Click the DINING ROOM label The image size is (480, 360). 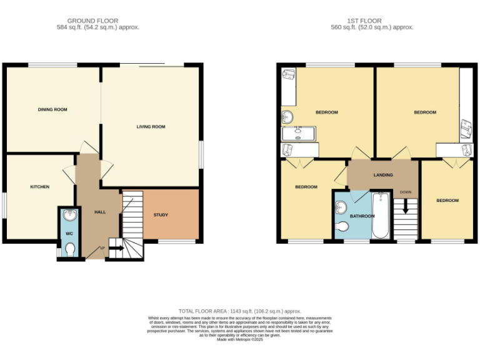tap(52, 109)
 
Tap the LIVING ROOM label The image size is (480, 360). tap(151, 127)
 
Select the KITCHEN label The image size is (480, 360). tap(40, 187)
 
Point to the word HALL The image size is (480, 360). tap(100, 212)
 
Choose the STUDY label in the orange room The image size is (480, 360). tap(161, 215)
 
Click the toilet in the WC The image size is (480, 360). tap(69, 250)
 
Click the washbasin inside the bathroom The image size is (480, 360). tap(341, 206)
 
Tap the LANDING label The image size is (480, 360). tap(383, 175)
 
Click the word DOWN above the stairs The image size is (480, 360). tap(406, 192)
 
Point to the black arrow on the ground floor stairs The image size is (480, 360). tap(117, 248)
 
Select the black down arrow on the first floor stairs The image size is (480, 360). tap(406, 207)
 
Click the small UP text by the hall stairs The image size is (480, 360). tap(102, 248)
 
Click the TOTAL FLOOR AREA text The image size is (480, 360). tap(240, 311)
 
